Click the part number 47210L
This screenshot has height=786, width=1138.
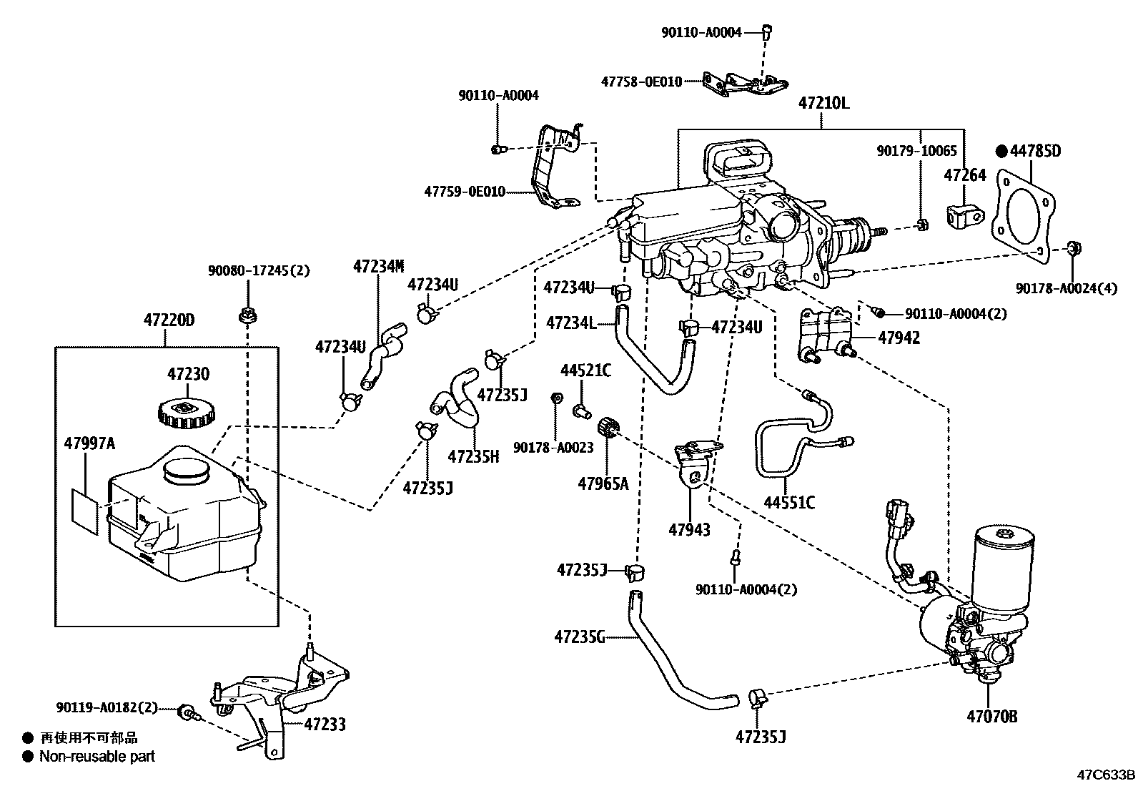[x=823, y=103]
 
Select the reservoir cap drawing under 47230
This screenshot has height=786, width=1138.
[x=184, y=413]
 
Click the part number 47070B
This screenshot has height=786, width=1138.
[x=992, y=716]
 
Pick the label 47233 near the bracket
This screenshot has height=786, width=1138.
[x=325, y=724]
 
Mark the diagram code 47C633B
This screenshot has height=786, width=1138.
[x=1107, y=775]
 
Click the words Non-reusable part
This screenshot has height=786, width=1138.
[x=97, y=756]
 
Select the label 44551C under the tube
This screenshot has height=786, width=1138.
[x=789, y=503]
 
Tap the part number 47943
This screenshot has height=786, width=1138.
[x=689, y=529]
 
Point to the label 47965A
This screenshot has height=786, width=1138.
[x=603, y=484]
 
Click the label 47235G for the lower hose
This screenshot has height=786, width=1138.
[x=580, y=636]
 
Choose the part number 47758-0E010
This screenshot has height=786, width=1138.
[x=641, y=82]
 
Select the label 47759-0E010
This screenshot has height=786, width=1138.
[x=465, y=192]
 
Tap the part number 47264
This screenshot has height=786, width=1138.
[x=965, y=175]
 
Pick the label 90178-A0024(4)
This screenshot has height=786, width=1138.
[x=1067, y=289]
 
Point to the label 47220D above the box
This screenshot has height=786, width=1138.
[x=169, y=320]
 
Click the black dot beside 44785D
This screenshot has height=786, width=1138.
[x=1001, y=151]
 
